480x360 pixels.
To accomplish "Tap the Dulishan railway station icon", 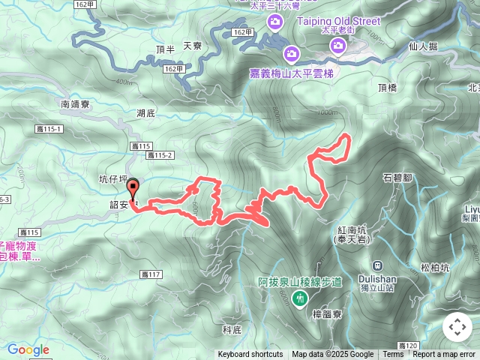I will click(377, 264).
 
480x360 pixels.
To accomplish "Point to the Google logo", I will click(28, 349).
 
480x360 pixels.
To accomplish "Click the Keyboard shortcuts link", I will click(250, 355).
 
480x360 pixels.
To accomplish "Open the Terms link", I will click(393, 355).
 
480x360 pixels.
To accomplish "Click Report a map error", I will click(444, 355).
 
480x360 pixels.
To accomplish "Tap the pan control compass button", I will click(457, 327).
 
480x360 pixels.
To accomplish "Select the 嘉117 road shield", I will click(151, 274).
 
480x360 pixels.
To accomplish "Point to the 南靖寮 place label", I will click(75, 104).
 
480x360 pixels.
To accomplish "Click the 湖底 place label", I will click(145, 113).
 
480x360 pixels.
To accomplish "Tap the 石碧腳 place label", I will click(397, 178).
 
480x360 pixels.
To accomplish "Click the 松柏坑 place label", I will click(435, 266).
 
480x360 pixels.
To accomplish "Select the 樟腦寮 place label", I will click(326, 314).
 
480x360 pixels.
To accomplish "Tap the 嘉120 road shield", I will click(408, 346).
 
